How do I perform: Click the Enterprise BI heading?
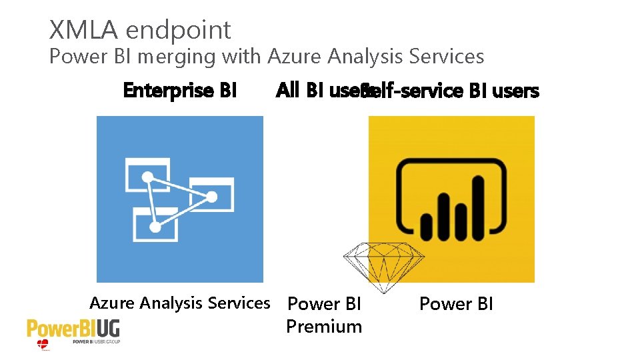179,90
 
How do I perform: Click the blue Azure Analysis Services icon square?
179,199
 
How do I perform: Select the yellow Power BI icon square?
452,199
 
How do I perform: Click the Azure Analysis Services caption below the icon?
179,303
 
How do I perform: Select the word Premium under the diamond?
324,327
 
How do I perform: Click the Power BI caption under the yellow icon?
456,304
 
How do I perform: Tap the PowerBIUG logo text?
73,329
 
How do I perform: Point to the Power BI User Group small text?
96,342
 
